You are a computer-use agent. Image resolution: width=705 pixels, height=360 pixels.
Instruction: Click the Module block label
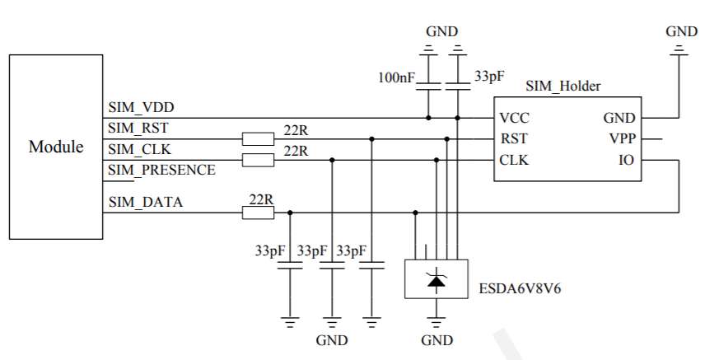click(56, 147)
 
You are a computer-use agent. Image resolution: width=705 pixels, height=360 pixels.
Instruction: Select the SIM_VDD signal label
click(141, 108)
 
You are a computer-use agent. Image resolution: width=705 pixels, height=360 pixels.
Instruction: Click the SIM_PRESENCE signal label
click(161, 170)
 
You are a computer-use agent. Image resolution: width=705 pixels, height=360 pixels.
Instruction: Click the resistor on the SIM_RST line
click(258, 138)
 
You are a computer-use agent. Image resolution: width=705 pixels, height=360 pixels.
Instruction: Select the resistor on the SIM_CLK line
click(258, 160)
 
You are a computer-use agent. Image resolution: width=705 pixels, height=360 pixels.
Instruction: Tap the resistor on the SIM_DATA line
click(258, 213)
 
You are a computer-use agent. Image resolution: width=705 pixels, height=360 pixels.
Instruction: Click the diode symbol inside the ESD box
click(437, 280)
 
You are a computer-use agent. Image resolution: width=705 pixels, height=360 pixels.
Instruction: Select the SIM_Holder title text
click(563, 86)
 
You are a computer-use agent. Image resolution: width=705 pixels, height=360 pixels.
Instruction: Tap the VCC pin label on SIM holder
click(515, 118)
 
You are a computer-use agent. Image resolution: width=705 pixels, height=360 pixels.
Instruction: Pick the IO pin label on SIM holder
click(627, 160)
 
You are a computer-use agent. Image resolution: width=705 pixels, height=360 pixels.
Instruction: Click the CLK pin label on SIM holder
click(514, 160)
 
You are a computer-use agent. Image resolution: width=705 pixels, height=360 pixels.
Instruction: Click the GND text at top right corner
click(681, 31)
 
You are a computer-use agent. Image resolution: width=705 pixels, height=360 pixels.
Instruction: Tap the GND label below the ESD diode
click(437, 340)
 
